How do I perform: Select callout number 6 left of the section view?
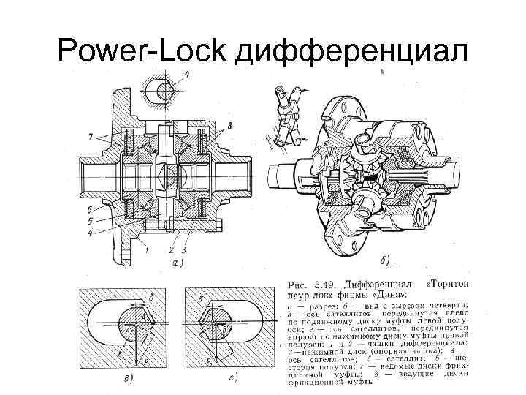(89, 208)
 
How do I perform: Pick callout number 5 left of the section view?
(89, 220)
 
